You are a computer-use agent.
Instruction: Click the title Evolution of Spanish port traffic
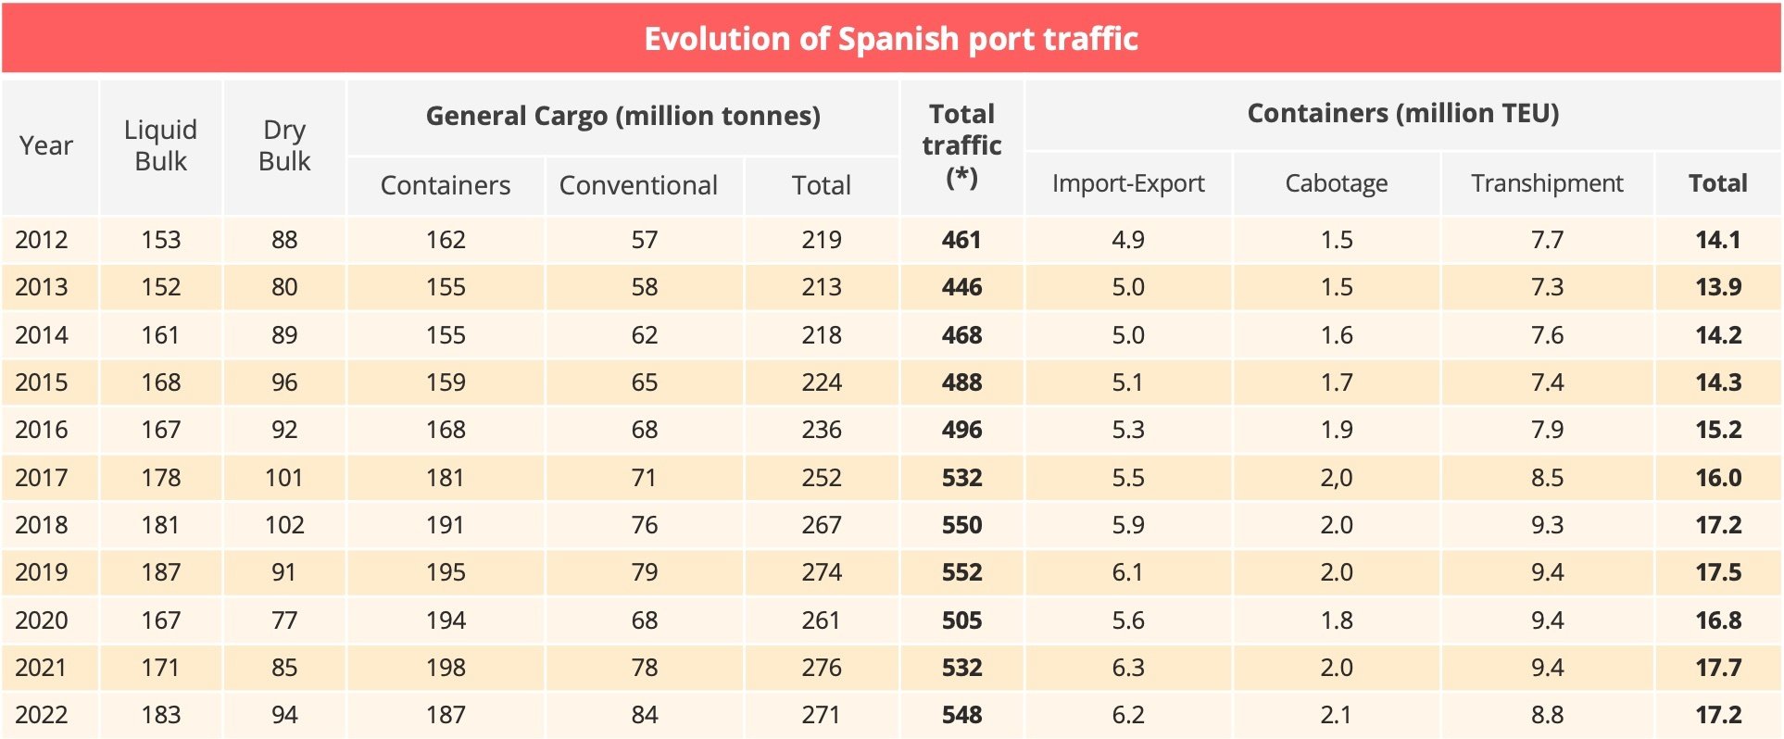click(890, 39)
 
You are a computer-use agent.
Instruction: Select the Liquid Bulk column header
click(160, 145)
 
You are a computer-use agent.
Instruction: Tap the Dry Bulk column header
click(284, 145)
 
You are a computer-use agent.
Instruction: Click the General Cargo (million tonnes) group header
click(622, 116)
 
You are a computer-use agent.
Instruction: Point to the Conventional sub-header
click(638, 185)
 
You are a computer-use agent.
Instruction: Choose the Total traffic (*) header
click(961, 145)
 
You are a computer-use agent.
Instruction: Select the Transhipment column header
click(1547, 183)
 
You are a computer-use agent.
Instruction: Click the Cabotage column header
click(1336, 183)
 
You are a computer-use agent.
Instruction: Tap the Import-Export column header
click(1128, 183)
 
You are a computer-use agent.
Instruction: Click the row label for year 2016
click(42, 430)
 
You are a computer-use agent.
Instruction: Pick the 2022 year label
click(42, 715)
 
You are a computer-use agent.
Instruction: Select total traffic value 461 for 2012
click(961, 240)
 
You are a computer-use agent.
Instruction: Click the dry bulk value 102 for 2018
click(284, 525)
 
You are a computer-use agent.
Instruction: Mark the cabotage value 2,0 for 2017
click(1336, 478)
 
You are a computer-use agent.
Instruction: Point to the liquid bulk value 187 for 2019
click(160, 572)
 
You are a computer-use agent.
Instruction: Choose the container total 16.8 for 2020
click(1718, 620)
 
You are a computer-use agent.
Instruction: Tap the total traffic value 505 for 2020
click(961, 620)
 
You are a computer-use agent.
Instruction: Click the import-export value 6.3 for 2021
click(1128, 668)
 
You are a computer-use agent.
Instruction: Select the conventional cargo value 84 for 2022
click(644, 715)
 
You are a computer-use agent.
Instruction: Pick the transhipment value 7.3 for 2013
click(1547, 287)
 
